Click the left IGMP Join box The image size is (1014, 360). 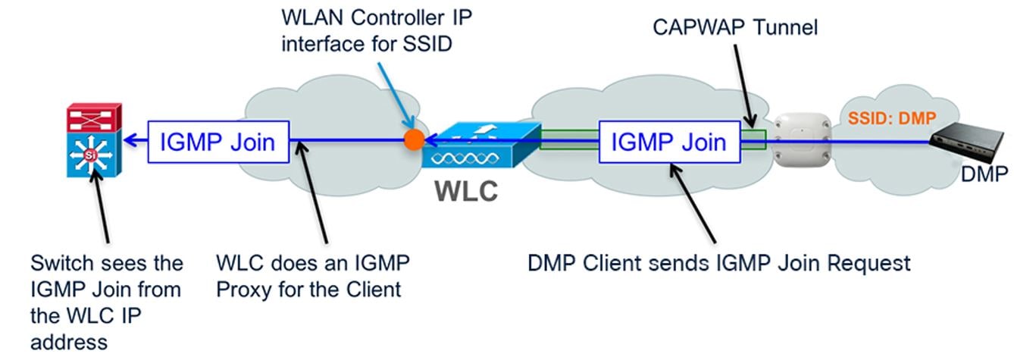[218, 140]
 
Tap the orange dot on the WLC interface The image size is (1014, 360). [414, 140]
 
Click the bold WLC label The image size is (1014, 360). [466, 190]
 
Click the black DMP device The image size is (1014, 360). [971, 140]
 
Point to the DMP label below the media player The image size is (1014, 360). [984, 176]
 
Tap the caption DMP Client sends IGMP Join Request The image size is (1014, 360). [718, 264]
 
